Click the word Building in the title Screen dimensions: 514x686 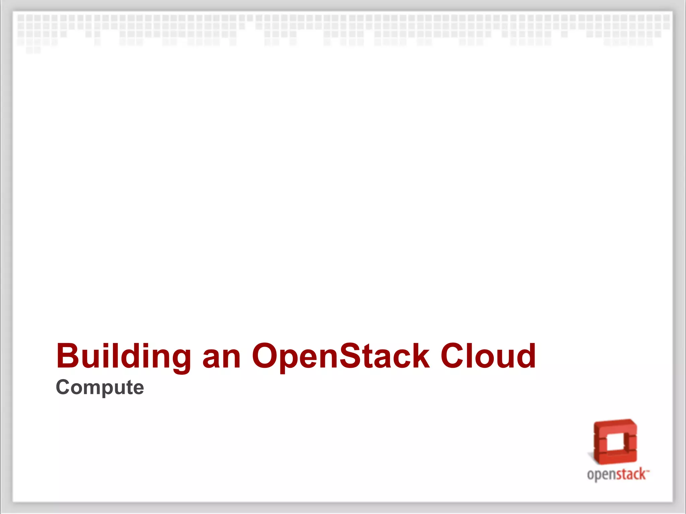[x=124, y=356]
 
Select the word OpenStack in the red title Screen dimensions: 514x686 [x=341, y=356]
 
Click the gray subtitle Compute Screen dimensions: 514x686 [x=100, y=388]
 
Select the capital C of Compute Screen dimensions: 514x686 [x=63, y=387]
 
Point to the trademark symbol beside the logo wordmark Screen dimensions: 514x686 [x=648, y=470]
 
